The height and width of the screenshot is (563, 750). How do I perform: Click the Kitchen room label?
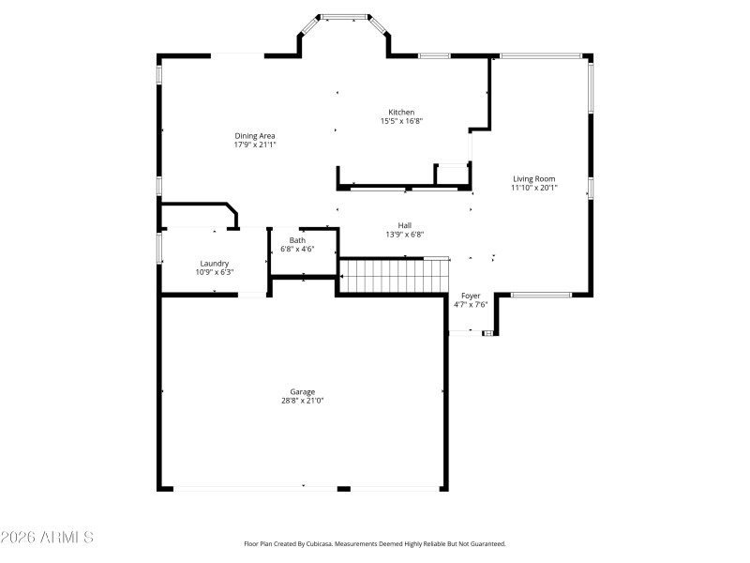(401, 112)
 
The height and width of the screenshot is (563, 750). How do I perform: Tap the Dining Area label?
(255, 136)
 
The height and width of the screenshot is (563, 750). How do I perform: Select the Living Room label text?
(533, 178)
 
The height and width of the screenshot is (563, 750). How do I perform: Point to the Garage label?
(302, 391)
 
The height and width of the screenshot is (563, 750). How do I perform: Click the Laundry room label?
(215, 263)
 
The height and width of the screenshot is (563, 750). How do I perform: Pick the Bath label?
(297, 240)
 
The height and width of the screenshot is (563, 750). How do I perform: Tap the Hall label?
(405, 225)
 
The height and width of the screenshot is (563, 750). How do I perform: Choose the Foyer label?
(471, 296)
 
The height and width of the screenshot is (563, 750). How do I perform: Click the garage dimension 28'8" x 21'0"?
(302, 401)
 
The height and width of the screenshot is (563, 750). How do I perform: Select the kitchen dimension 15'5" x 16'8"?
(401, 121)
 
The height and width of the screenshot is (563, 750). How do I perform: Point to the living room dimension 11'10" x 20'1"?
(533, 188)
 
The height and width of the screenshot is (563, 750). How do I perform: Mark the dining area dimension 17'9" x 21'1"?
(255, 145)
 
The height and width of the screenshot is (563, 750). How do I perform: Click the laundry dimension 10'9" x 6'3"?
(215, 272)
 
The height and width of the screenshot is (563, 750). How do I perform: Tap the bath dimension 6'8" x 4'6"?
(297, 250)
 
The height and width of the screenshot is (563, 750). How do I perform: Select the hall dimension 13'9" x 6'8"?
(405, 235)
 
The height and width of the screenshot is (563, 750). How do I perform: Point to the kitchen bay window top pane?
(345, 16)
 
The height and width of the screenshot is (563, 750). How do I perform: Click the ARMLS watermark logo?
(47, 538)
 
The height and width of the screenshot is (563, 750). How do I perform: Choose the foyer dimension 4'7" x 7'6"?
(471, 305)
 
